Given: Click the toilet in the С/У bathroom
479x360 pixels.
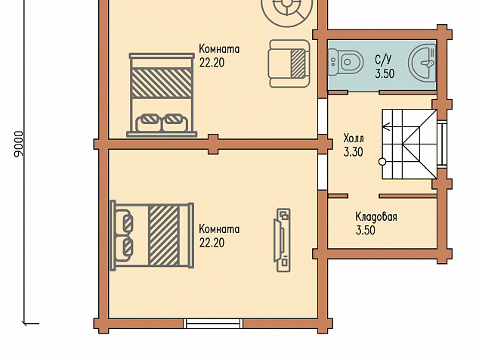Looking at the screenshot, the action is (345, 63).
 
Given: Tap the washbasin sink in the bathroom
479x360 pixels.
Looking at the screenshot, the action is (422, 63).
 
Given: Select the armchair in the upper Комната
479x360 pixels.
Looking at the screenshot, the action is (289, 64).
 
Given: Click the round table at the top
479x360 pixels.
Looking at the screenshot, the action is (287, 9).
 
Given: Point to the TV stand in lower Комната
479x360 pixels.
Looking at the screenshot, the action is (282, 240).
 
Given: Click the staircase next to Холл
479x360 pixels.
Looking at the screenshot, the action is (409, 144).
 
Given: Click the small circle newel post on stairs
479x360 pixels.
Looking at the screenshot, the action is (382, 162).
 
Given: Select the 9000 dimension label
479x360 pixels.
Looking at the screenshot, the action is (19, 144).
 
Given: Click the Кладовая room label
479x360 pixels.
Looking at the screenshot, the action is (376, 217).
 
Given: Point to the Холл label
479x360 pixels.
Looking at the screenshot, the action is (354, 138).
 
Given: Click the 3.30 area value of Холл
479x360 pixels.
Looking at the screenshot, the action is (354, 152).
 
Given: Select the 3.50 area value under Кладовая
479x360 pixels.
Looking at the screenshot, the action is (366, 231).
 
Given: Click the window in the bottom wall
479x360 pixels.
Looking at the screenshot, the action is (213, 324).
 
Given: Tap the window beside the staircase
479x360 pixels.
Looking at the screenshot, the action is (442, 144).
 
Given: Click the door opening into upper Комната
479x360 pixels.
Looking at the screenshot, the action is (323, 116).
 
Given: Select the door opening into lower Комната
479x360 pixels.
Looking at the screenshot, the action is (323, 172).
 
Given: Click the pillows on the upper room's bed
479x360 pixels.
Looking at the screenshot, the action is (162, 123).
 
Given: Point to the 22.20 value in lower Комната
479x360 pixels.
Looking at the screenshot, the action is (212, 243).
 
